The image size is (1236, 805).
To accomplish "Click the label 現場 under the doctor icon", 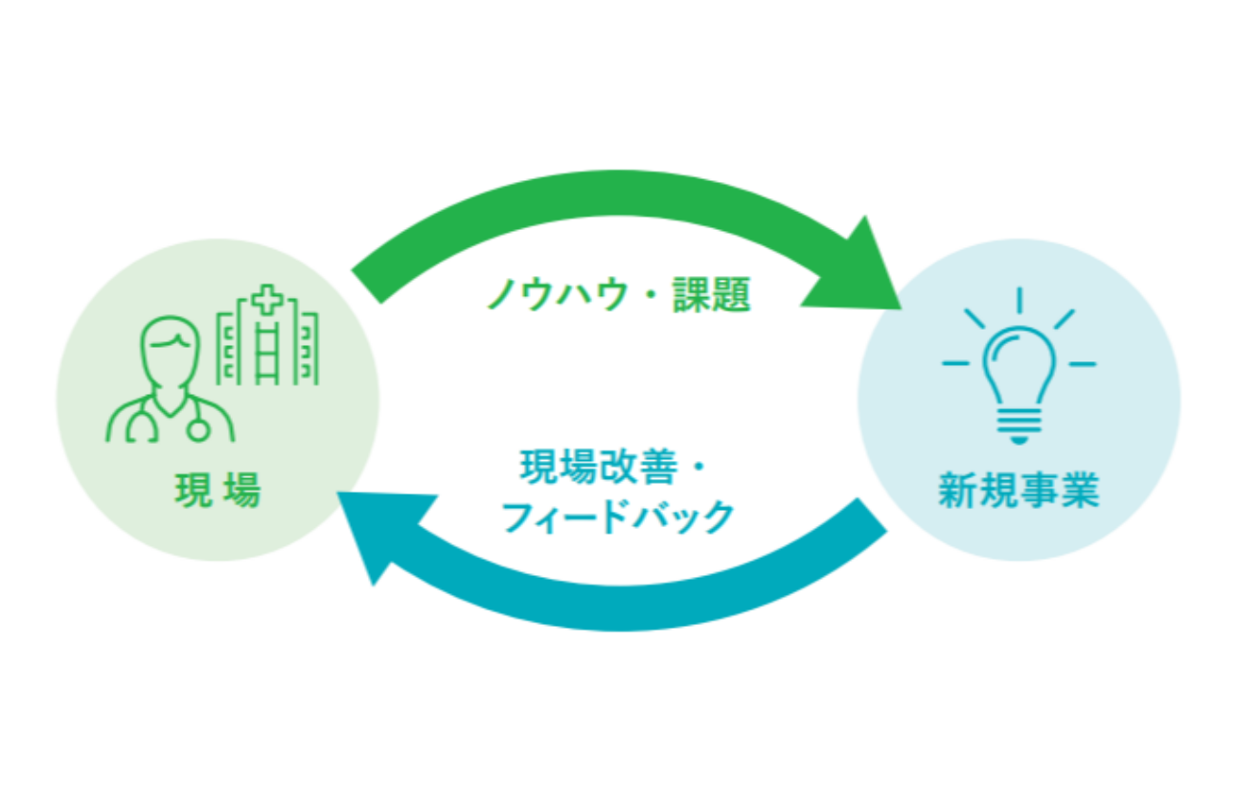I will pyautogui.click(x=217, y=492).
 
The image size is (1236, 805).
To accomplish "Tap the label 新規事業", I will pyautogui.click(x=1019, y=492).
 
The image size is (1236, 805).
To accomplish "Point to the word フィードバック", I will pyautogui.click(x=618, y=517).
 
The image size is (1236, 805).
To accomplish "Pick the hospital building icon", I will pyautogui.click(x=267, y=340).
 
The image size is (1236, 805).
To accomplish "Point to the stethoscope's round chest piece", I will pyautogui.click(x=197, y=429).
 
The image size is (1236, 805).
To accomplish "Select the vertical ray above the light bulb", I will pyautogui.click(x=1019, y=300).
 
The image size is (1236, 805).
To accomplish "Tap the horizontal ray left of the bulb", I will pyautogui.click(x=955, y=364).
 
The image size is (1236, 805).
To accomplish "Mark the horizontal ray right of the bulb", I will pyautogui.click(x=1082, y=364).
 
